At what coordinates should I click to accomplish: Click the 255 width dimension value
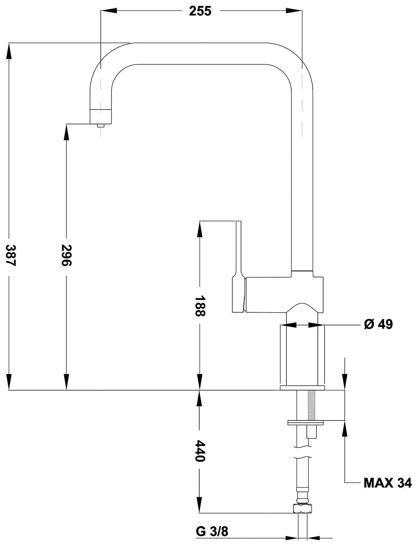coord(200,11)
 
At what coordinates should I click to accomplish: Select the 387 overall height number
coord(11,255)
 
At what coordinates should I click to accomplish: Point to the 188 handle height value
coord(200,306)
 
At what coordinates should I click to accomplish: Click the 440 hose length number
coord(200,451)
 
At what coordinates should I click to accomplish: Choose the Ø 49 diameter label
coord(379,324)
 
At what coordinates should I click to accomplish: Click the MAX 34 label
coord(388,483)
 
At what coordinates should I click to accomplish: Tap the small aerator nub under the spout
coord(101,125)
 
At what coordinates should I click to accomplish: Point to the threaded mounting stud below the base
coord(312,405)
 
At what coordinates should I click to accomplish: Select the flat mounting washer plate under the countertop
coord(305,423)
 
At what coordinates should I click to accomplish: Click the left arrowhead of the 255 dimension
coord(109,11)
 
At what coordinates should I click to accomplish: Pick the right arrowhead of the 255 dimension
coord(294,11)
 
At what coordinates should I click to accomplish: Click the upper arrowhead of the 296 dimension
coord(67,132)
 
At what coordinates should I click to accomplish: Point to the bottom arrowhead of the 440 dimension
coord(200,505)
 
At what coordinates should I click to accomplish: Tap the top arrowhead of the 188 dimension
coord(200,229)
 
